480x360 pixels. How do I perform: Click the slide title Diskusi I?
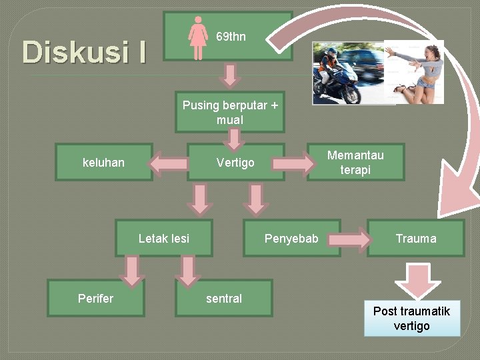(84, 51)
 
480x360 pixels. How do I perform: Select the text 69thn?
(231, 37)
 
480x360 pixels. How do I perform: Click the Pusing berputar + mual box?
(230, 113)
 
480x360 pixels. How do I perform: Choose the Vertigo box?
(235, 162)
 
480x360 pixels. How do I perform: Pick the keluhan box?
(103, 162)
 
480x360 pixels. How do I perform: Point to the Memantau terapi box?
(355, 162)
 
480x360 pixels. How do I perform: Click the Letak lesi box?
(163, 238)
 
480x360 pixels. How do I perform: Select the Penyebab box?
(291, 238)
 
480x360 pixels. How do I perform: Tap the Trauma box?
(415, 238)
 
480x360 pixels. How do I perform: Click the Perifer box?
(95, 298)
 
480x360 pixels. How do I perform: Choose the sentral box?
(223, 298)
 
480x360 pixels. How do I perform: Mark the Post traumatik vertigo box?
(411, 319)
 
